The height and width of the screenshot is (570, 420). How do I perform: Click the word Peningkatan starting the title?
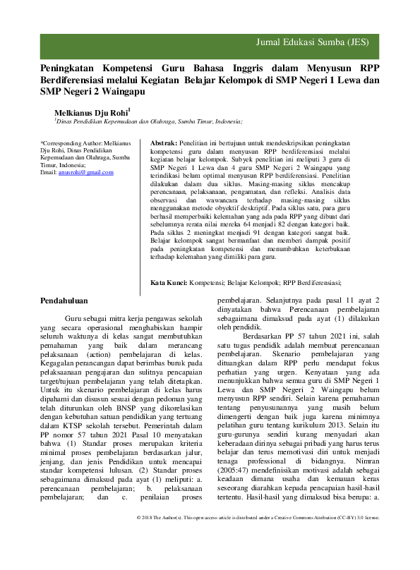pyautogui.click(x=71, y=68)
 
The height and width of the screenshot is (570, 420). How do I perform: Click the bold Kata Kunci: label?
pyautogui.click(x=169, y=283)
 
